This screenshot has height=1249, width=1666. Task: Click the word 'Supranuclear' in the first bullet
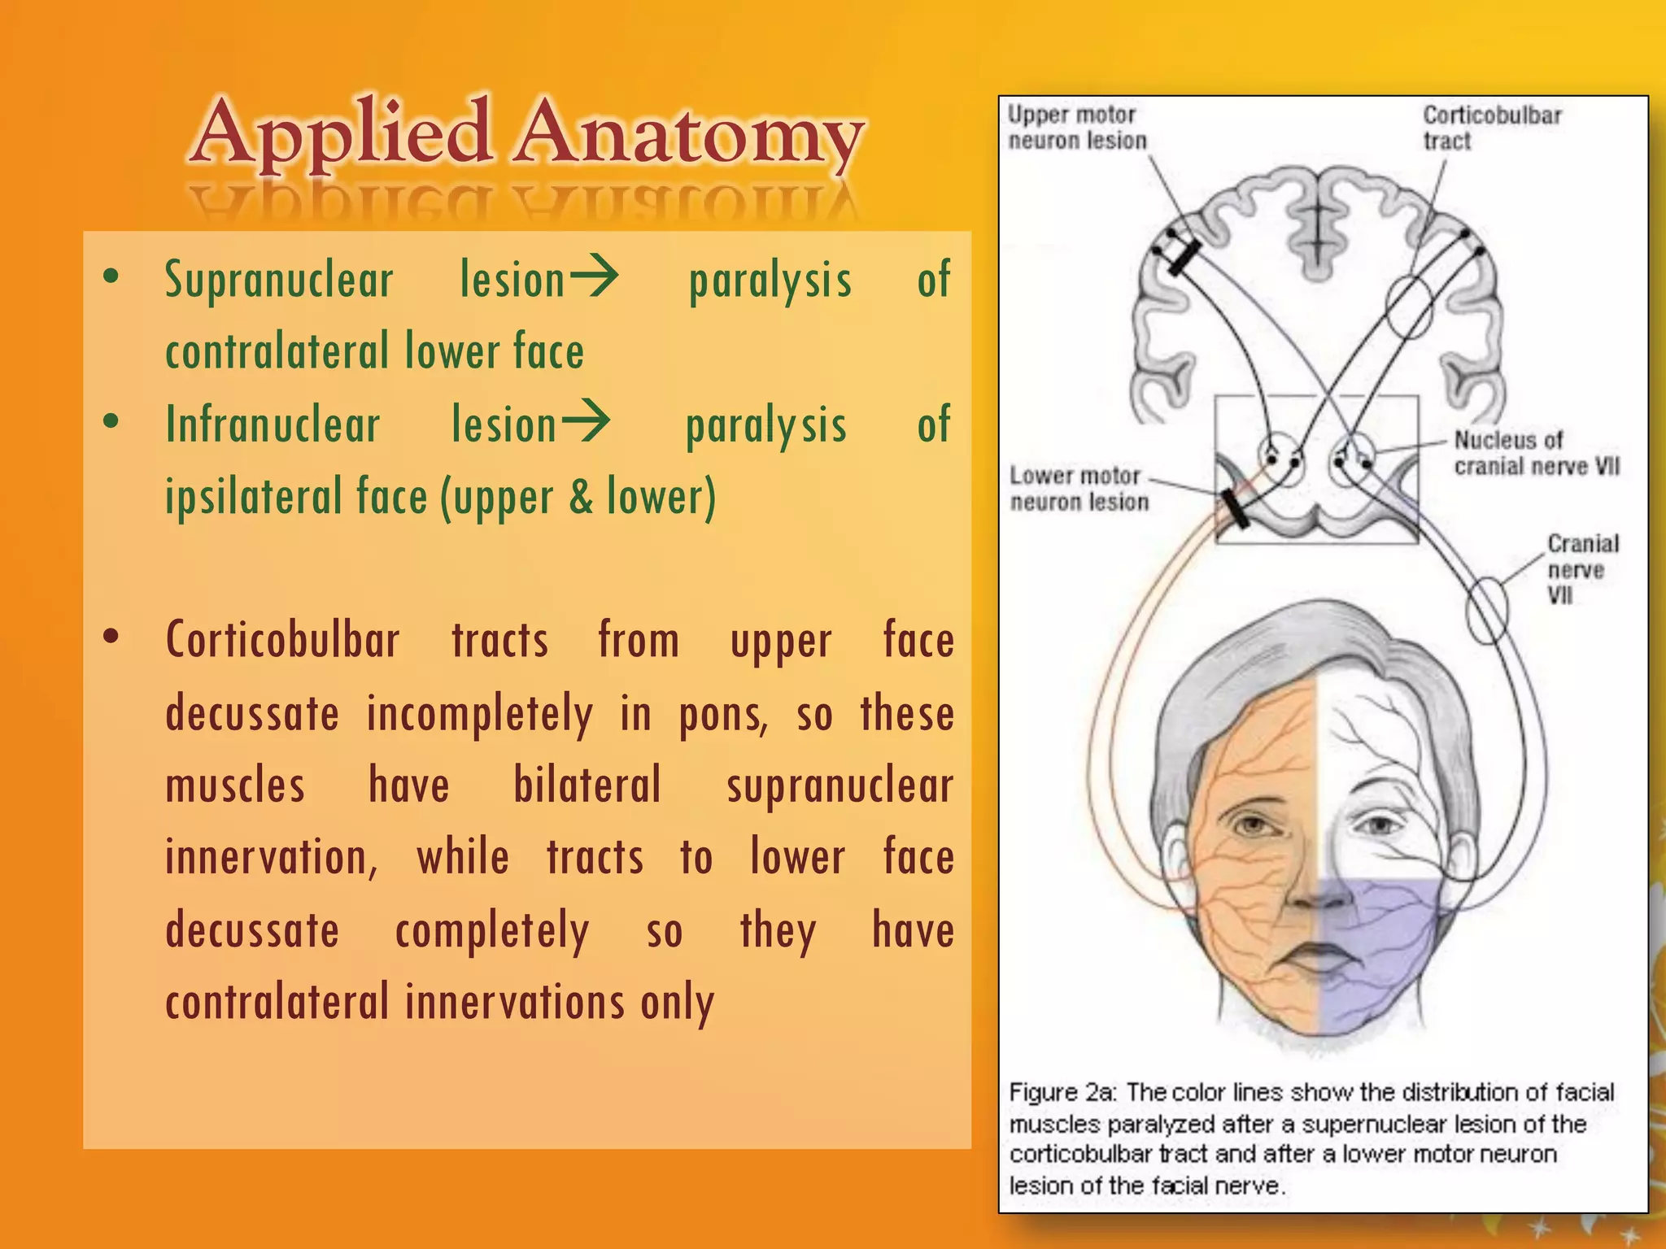[x=279, y=281]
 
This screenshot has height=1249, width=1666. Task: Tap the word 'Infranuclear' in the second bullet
[x=273, y=425]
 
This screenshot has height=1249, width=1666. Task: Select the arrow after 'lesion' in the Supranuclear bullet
[x=594, y=277]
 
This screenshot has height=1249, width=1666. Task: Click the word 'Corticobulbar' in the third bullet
[x=282, y=641]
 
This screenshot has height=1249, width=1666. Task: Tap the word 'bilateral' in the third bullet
[x=587, y=786]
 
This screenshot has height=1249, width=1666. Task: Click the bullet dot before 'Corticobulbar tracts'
[x=111, y=636]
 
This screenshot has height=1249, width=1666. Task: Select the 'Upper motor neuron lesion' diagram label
[x=1076, y=128]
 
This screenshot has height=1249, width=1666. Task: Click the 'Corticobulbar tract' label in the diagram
[x=1491, y=128]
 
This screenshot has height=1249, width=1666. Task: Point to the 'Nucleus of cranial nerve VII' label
[x=1536, y=453]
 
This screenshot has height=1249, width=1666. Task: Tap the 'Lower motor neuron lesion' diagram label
[x=1078, y=489]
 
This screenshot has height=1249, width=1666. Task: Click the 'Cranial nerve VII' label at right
[x=1581, y=568]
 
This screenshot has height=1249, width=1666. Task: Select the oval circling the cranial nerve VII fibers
[x=1486, y=609]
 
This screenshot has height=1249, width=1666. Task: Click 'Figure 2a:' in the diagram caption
[x=1062, y=1092]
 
